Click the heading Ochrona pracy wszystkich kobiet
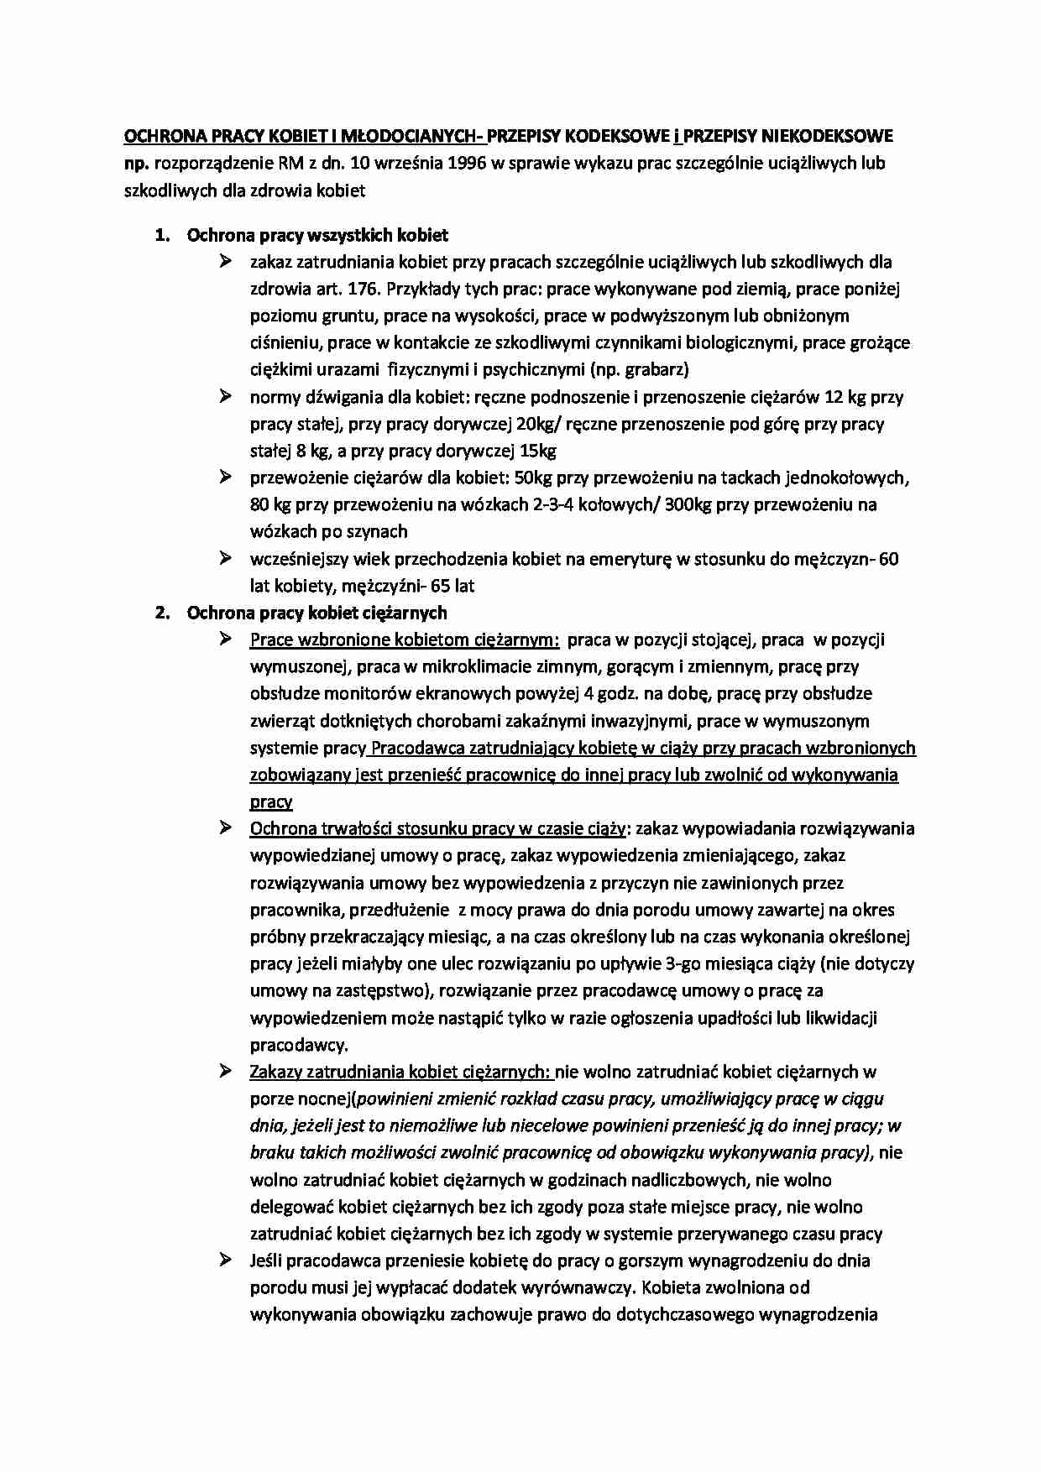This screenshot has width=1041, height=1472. [317, 235]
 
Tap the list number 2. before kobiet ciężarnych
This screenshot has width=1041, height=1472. [163, 613]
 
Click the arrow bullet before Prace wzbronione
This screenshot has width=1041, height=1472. [225, 639]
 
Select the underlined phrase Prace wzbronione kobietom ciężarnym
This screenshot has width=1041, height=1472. [405, 640]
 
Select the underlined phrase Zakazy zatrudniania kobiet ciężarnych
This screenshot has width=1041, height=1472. [400, 1072]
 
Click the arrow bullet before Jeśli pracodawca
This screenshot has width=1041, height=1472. [225, 1260]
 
